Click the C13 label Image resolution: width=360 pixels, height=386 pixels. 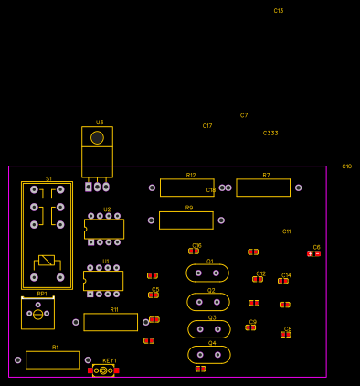[x=279, y=11]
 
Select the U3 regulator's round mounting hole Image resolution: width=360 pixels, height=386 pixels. [x=97, y=138]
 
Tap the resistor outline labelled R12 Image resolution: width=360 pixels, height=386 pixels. [x=187, y=188]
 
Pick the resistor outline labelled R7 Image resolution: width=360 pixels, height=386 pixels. [x=263, y=188]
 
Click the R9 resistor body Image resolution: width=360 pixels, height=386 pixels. [x=186, y=220]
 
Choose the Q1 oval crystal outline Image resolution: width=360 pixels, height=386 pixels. [x=207, y=273]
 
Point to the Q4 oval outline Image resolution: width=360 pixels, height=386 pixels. [x=209, y=355]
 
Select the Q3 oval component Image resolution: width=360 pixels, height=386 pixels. [x=209, y=329]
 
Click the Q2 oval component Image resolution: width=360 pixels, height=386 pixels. [x=208, y=302]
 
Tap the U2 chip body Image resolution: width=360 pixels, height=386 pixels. [x=105, y=229]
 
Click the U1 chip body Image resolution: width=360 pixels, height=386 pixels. [x=104, y=281]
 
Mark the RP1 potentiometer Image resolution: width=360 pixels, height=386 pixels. [x=37, y=314]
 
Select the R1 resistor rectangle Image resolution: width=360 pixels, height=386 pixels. [x=53, y=360]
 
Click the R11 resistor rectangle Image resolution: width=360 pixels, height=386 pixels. [x=111, y=322]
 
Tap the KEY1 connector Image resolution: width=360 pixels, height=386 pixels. [x=103, y=370]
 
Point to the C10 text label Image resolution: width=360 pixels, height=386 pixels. [x=347, y=166]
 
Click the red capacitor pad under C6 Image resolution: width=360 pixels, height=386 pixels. [x=314, y=253]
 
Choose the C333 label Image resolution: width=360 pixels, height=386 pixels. [x=270, y=134]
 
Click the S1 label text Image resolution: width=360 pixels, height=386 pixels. [x=49, y=178]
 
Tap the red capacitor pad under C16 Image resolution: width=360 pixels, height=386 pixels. [x=194, y=251]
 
